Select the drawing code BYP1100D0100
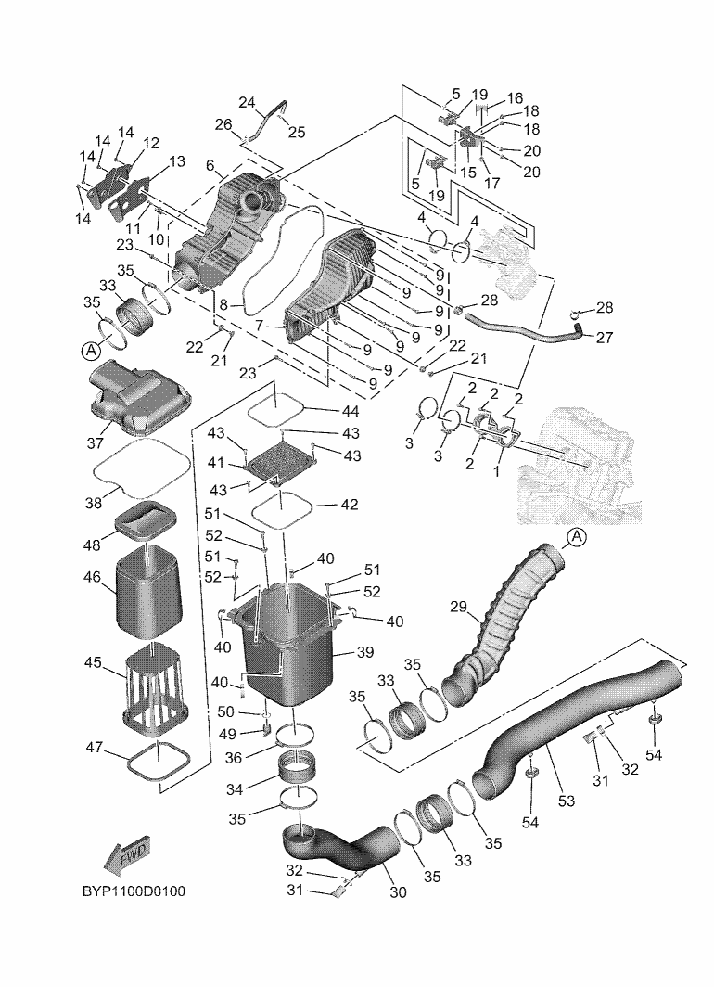tap(134, 892)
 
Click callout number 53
tap(566, 800)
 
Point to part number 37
tap(96, 442)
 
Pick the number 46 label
tap(93, 577)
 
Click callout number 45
tap(93, 662)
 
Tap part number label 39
tap(364, 652)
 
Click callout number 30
tap(399, 892)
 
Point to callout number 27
tap(605, 338)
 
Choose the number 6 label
tap(210, 165)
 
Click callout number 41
tap(217, 461)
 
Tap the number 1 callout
tap(497, 470)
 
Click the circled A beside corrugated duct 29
tap(575, 536)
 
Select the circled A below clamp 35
tap(90, 351)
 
